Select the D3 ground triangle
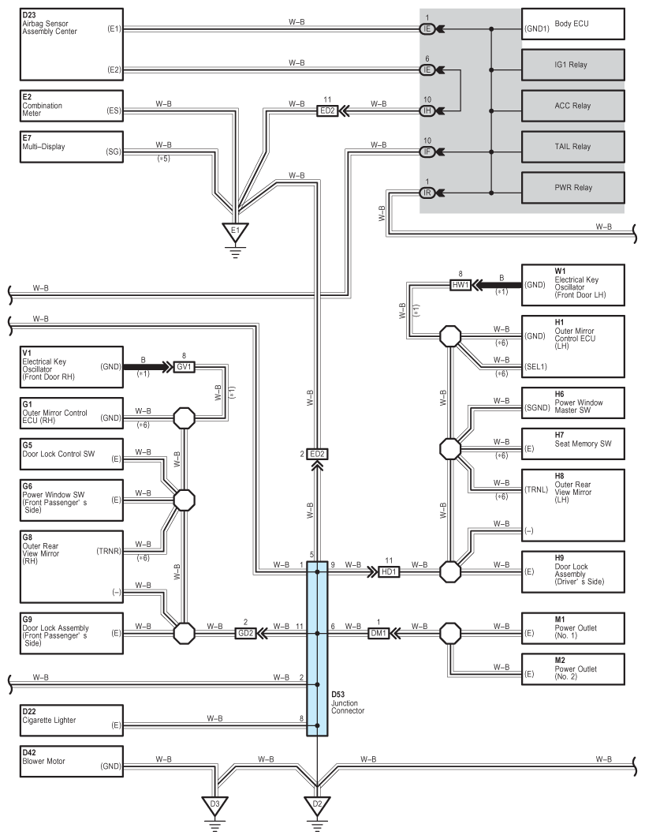coord(214,805)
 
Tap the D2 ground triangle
coord(317,805)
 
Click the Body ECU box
coord(573,24)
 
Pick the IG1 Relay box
coord(573,65)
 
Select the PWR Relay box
coord(573,188)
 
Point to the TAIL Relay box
coord(573,147)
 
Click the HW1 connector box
coord(460,285)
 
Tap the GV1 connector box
coord(185,367)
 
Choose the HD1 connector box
coord(389,572)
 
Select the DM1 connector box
coord(378,634)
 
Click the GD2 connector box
coord(246,634)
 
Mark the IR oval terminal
coord(427,193)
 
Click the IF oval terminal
coord(427,152)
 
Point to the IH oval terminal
coord(427,110)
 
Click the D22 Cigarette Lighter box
coord(72,720)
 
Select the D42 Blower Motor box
coord(72,762)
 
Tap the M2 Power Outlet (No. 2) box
coord(573,669)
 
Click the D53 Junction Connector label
coord(348,702)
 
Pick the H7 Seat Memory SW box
coord(573,444)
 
